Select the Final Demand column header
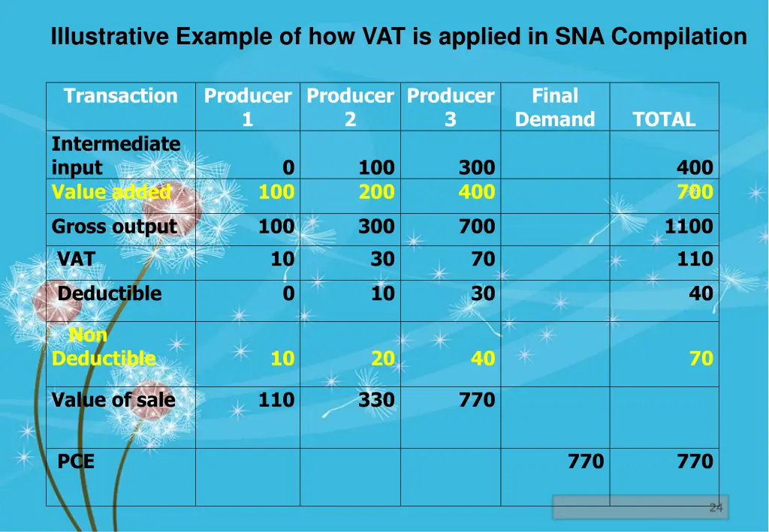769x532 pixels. coord(555,107)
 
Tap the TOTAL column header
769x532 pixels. coord(664,119)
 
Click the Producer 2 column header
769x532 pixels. coord(350,107)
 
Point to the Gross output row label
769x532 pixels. coord(114,227)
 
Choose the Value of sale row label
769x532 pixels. coord(113,400)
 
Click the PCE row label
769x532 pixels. coord(76,461)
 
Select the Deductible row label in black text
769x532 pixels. coord(110,293)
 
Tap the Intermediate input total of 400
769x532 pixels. coord(695,167)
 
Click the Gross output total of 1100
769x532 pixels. coord(689,227)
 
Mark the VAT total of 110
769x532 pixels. coord(695,260)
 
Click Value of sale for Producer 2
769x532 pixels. coord(376,400)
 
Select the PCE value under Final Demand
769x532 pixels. coord(586,461)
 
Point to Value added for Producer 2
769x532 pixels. coord(376,192)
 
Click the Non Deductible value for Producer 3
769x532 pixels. coord(483,359)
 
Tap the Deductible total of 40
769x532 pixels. coord(701,293)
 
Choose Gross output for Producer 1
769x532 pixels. coord(276,227)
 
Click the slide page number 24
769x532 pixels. coord(716,509)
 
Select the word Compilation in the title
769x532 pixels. coord(679,36)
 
